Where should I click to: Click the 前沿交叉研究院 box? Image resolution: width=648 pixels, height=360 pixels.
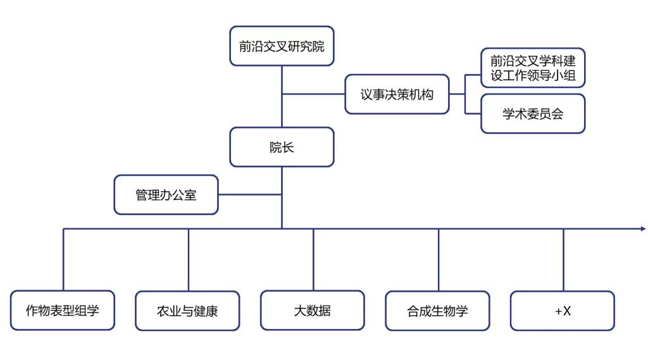282,46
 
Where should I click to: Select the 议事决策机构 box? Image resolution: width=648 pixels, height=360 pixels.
397,94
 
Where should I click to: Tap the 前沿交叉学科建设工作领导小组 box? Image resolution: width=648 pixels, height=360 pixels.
532,68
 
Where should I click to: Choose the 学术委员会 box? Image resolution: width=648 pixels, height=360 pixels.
532,114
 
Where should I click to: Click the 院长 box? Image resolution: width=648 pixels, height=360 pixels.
282,147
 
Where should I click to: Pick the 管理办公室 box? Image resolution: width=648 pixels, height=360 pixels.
166,195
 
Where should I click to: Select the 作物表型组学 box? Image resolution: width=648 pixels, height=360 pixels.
62,310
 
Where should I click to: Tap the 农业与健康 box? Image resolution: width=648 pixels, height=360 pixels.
187,311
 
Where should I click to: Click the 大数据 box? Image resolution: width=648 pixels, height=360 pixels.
312,310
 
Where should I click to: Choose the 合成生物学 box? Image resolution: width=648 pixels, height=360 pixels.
437,311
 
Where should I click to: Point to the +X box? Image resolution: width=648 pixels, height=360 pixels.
562,311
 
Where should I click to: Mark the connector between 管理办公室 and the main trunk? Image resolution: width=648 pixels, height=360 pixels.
250,195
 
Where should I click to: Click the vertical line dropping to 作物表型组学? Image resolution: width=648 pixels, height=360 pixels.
63,259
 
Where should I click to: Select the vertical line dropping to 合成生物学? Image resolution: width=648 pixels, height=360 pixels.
439,259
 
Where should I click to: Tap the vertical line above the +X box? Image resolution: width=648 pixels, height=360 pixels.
563,259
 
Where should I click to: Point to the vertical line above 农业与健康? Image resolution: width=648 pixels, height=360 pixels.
189,259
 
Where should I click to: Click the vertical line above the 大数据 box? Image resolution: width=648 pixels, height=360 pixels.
313,259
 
